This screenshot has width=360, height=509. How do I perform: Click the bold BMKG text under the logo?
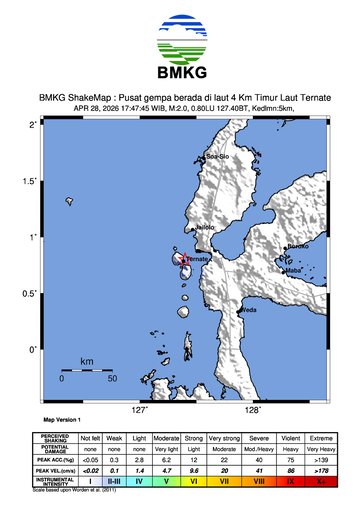[180, 73]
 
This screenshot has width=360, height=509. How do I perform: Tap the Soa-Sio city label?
[217, 157]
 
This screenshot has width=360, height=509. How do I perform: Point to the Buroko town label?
[297, 247]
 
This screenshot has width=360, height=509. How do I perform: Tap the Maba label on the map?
[294, 270]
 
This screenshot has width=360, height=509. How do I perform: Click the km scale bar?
[87, 370]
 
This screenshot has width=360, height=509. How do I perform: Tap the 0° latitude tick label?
[33, 349]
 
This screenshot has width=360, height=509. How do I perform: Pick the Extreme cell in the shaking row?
[320, 437]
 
